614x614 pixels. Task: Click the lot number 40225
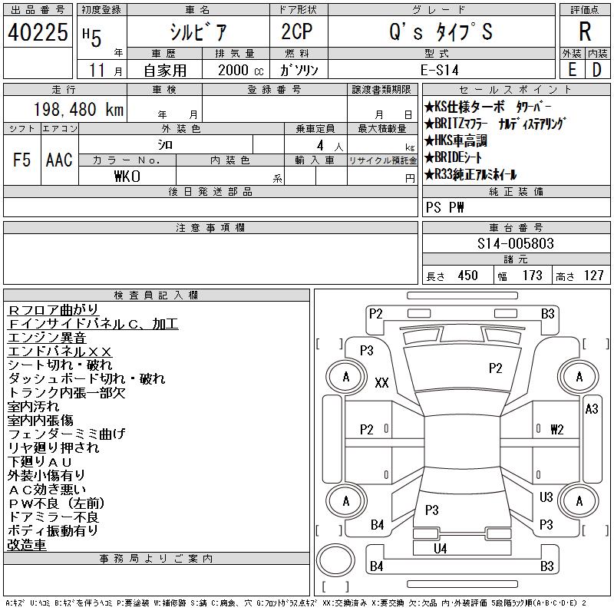[x=38, y=32]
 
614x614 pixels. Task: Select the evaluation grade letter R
[x=585, y=31]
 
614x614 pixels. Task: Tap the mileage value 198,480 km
[x=79, y=109]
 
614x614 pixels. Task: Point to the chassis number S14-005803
[x=515, y=243]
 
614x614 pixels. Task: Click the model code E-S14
[x=439, y=70]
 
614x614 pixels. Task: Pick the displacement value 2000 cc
[x=240, y=70]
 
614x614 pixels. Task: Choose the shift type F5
[x=22, y=160]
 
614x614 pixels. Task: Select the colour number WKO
[x=127, y=177]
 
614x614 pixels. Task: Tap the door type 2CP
[x=297, y=31]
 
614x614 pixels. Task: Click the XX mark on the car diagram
[x=381, y=382]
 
